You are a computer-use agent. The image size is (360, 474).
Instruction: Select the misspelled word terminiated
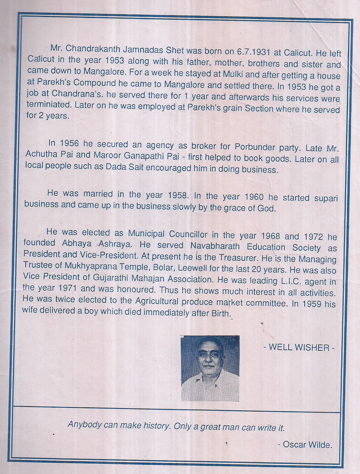(x=49, y=105)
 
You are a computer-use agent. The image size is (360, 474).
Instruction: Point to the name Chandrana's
(x=71, y=93)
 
